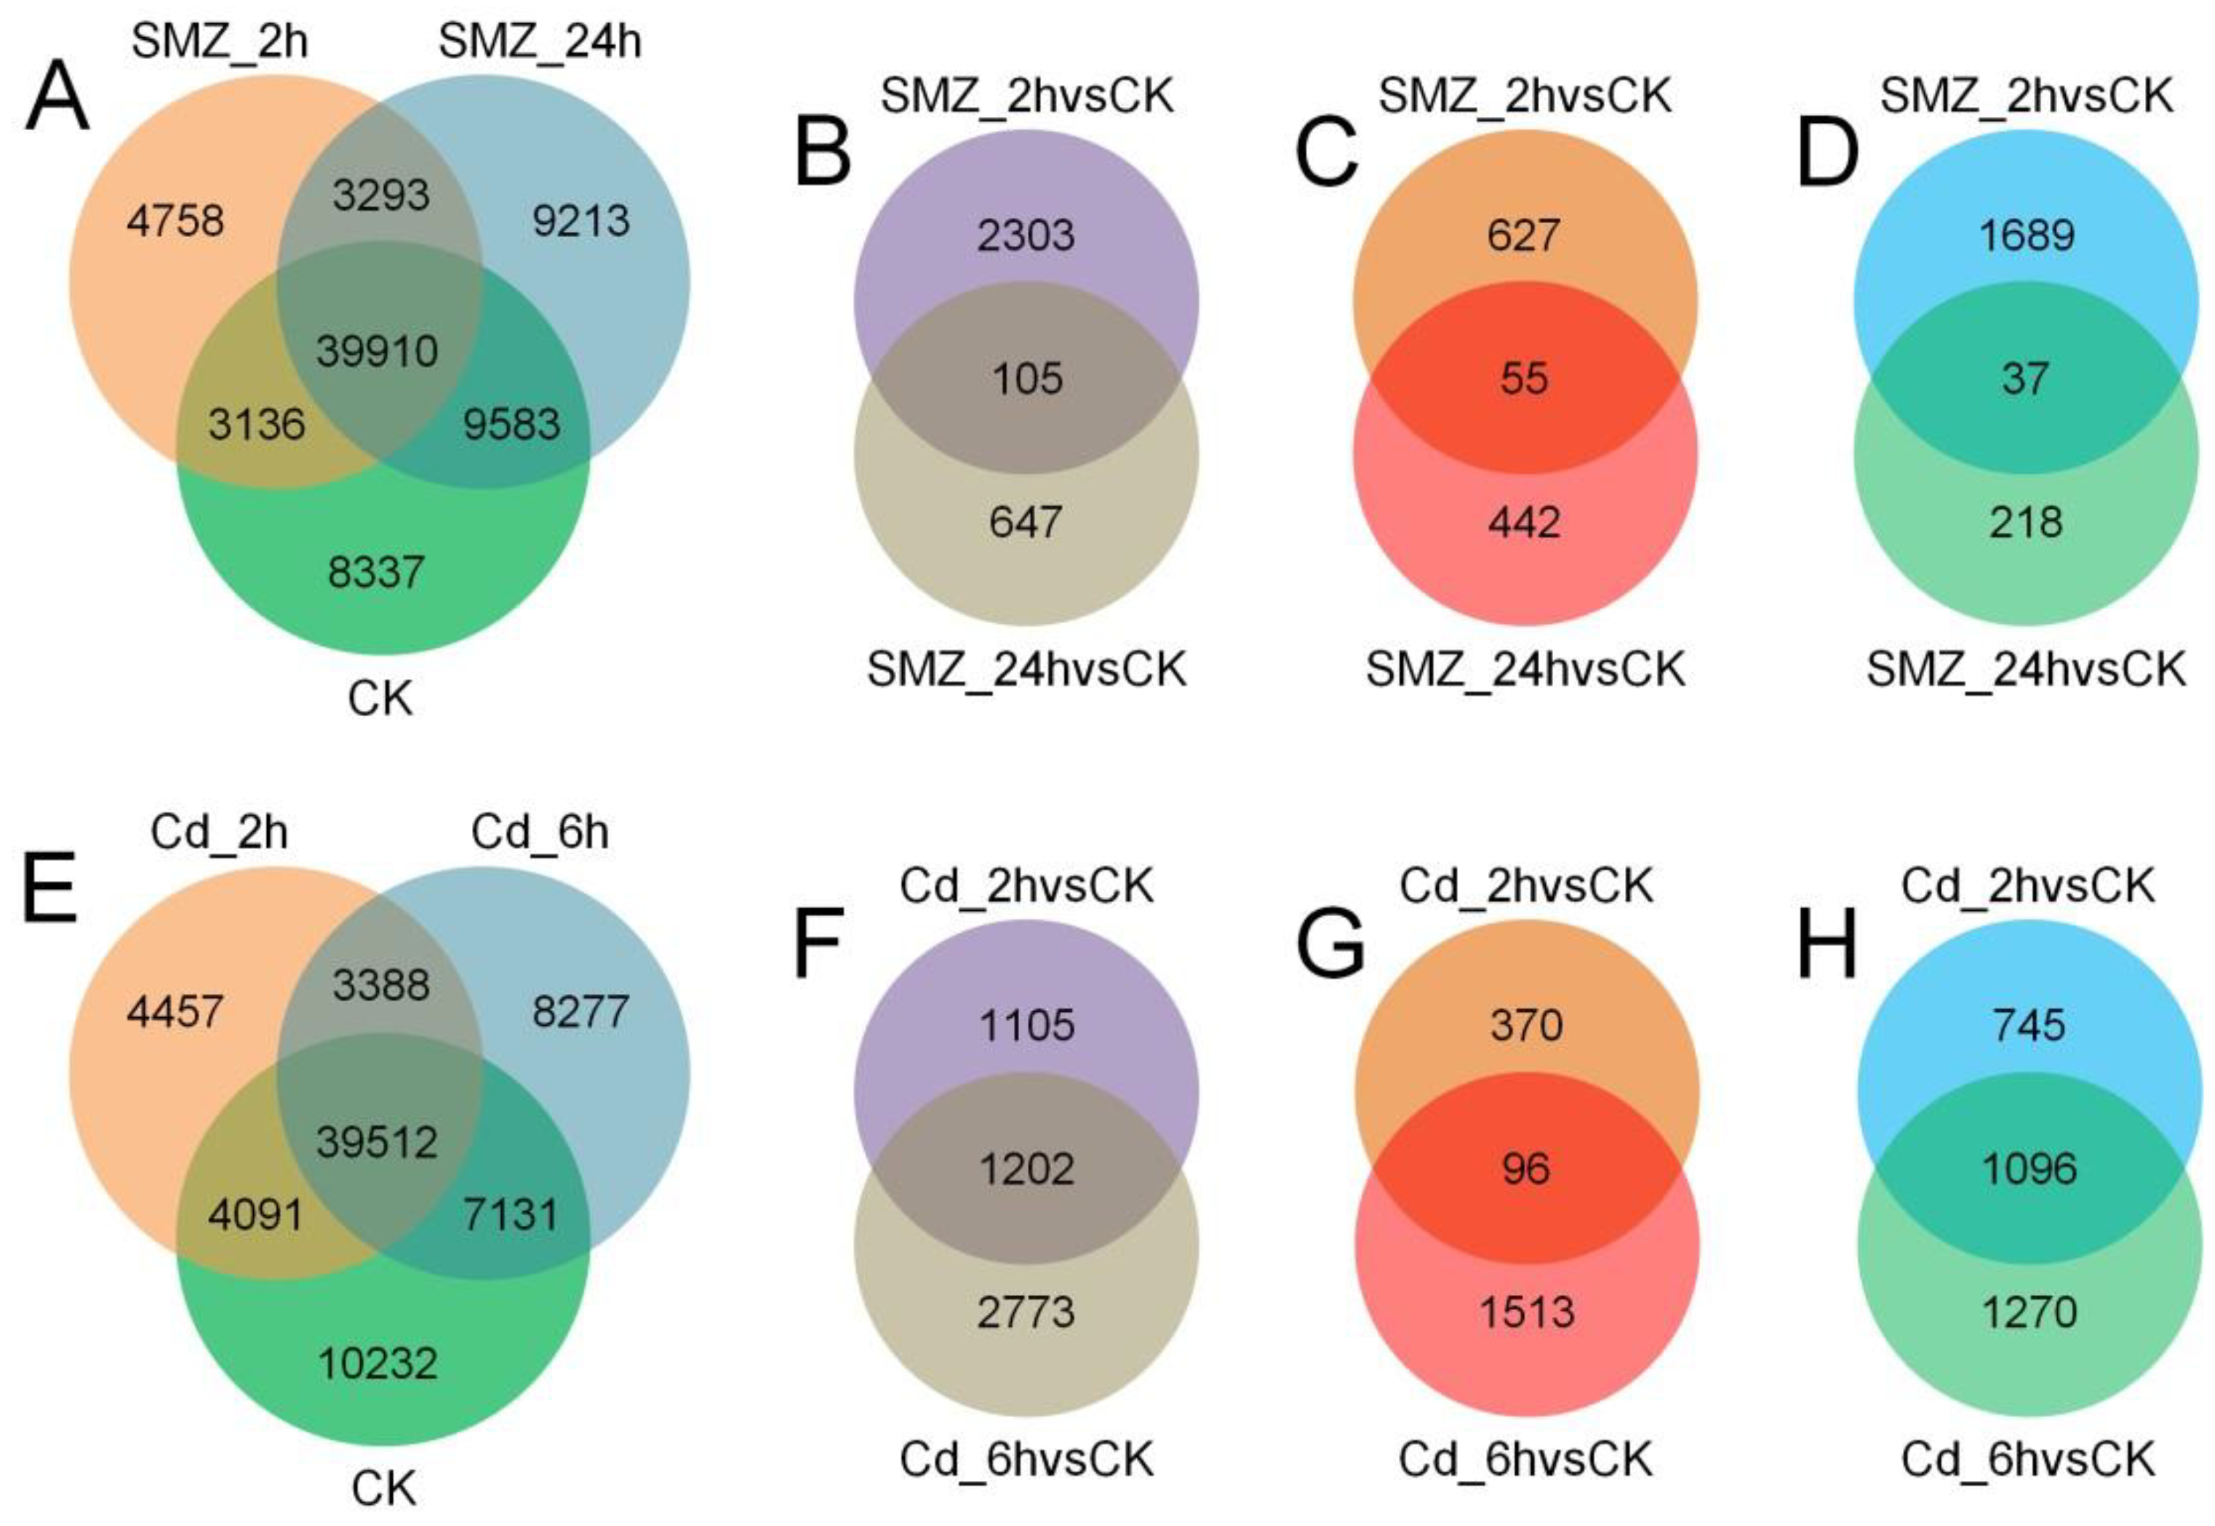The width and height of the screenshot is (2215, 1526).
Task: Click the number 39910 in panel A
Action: coord(377,351)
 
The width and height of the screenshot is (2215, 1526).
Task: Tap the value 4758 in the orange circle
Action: coord(175,221)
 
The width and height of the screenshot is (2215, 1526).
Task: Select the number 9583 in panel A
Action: coord(511,424)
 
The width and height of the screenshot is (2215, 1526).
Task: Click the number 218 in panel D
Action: coord(2026,522)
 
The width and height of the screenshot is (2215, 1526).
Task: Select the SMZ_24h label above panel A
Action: coord(540,41)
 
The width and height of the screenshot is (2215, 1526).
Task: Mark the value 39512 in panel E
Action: coord(377,1141)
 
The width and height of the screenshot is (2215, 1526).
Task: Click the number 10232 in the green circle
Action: coord(377,1363)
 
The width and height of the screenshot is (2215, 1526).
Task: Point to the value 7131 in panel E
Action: coord(511,1214)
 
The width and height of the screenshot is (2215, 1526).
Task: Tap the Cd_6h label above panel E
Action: coord(540,832)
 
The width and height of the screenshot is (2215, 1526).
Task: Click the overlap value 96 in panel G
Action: coord(1525,1168)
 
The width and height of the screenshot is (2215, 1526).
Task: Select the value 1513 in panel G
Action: coord(1526,1312)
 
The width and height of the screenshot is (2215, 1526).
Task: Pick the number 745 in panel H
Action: coord(2029,1025)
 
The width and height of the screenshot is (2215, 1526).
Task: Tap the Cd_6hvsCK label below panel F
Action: coord(1026,1459)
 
